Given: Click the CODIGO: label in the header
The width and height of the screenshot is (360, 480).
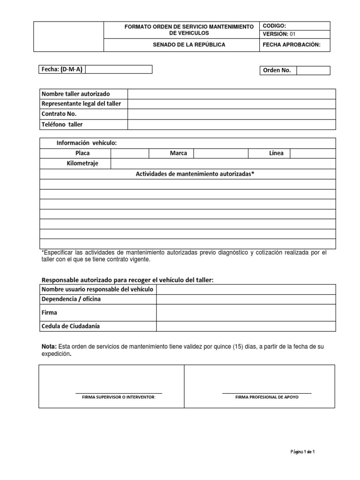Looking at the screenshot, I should [275, 26].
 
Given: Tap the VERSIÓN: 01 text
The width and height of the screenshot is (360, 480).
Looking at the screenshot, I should [280, 34].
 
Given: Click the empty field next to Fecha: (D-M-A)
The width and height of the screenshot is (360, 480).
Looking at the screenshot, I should [119, 69].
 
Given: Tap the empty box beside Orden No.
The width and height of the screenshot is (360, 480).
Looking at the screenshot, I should [313, 70].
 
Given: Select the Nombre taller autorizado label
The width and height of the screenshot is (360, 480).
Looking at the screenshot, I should [76, 94].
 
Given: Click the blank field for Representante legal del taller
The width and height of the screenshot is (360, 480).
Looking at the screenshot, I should [232, 104].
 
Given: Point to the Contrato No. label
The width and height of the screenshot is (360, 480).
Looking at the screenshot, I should [59, 114].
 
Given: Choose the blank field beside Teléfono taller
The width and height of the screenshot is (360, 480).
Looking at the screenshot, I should [232, 124].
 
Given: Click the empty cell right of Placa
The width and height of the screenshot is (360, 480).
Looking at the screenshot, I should [129, 153].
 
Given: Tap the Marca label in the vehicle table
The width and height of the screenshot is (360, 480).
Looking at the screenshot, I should [178, 153].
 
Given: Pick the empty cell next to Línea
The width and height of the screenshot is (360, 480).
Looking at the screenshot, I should [313, 153].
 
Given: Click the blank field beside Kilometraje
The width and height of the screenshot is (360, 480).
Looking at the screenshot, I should [223, 163].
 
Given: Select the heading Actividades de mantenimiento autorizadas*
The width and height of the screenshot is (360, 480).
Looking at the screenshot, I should [195, 174].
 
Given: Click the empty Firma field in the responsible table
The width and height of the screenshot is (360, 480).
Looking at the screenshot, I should [246, 312].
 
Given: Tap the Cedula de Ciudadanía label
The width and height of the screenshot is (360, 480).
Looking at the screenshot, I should [71, 326].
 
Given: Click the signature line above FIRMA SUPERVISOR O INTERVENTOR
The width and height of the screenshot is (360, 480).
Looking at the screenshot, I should [119, 392].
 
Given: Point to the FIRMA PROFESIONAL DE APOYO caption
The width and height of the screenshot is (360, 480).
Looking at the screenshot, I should [267, 397].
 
